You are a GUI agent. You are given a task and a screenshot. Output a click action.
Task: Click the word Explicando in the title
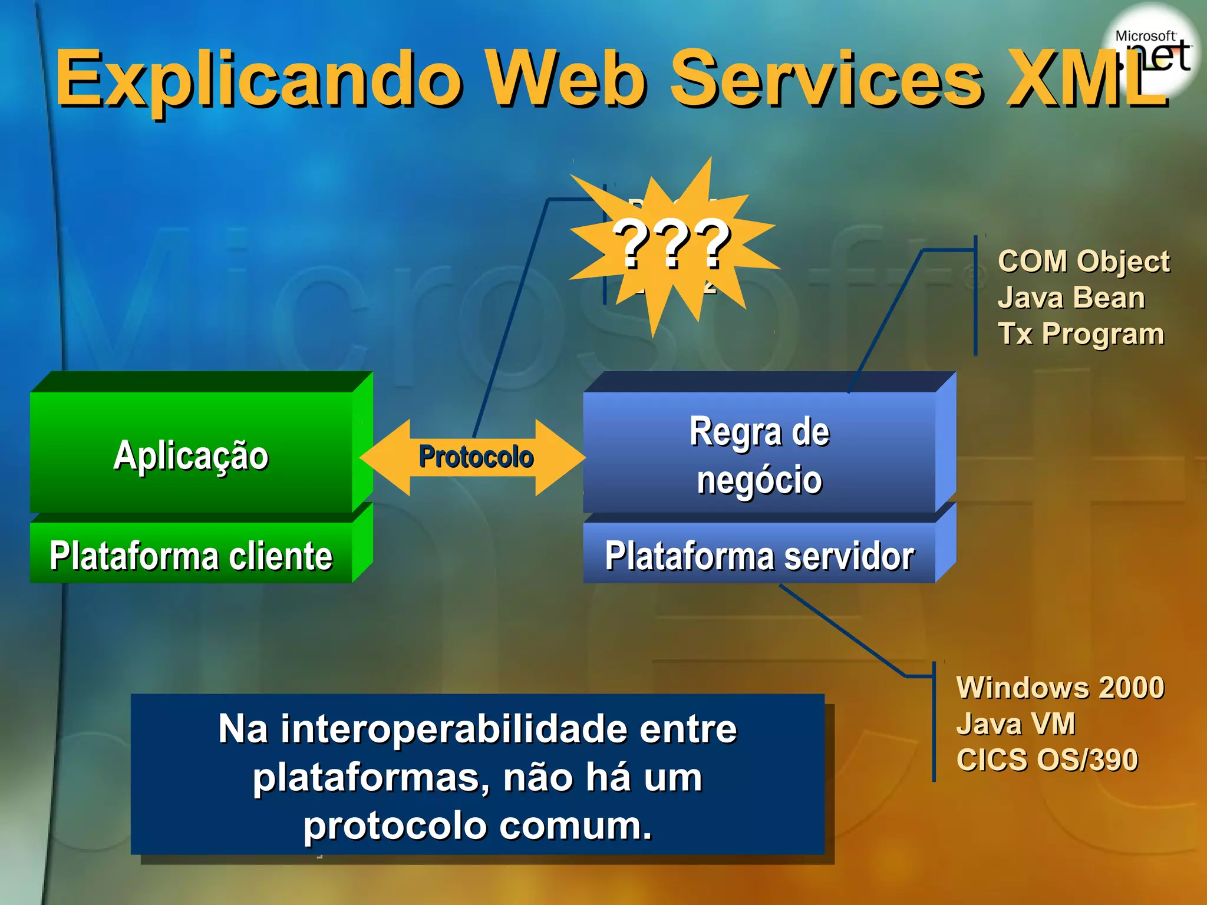pos(259,80)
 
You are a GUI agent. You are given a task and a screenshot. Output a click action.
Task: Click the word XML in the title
pos(1084,80)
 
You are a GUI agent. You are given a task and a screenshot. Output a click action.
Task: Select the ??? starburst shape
pos(672,245)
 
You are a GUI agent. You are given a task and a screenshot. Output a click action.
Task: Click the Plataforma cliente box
pos(191,555)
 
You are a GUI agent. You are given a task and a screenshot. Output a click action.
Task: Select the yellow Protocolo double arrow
pos(474,457)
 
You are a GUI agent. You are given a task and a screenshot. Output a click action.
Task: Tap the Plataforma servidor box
pos(759,555)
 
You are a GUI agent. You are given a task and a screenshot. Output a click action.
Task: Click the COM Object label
pos(1083,261)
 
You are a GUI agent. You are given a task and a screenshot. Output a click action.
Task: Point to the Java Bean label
pos(1071,298)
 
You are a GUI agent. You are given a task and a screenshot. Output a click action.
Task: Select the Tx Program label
pos(1081,334)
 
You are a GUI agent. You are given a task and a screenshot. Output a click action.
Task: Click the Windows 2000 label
pos(1060,688)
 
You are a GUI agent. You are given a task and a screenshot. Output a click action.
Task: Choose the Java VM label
pos(1015,724)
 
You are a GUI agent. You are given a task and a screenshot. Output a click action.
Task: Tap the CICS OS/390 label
pos(1047,760)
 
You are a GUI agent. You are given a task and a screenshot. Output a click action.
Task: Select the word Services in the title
pos(825,80)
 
